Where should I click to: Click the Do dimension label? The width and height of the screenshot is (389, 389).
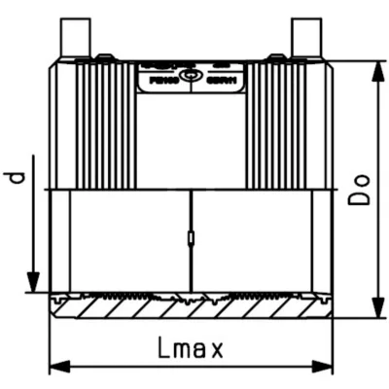coord(361,186)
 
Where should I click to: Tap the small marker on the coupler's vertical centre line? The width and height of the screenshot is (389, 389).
coord(192,237)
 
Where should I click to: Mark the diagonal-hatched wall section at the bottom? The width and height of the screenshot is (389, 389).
coord(192,309)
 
